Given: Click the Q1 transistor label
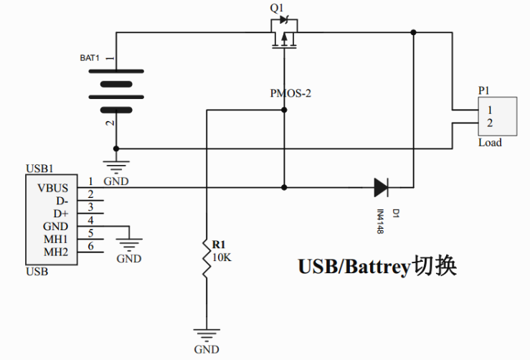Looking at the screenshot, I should pyautogui.click(x=276, y=8).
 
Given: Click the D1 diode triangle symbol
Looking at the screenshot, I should pyautogui.click(x=381, y=188).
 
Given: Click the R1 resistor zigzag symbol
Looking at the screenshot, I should pyautogui.click(x=207, y=262).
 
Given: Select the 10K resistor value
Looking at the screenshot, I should pyautogui.click(x=221, y=257).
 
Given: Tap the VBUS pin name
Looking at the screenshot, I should pyautogui.click(x=53, y=188).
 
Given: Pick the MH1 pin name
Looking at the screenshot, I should pyautogui.click(x=55, y=239).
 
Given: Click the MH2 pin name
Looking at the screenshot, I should pyautogui.click(x=55, y=252).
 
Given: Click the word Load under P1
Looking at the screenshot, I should pyautogui.click(x=490, y=143).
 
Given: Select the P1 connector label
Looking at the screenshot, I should pyautogui.click(x=483, y=90).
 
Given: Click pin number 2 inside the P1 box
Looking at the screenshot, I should pyautogui.click(x=489, y=123).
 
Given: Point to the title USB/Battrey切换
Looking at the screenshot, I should pyautogui.click(x=377, y=267).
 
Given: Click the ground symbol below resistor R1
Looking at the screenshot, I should pyautogui.click(x=207, y=334).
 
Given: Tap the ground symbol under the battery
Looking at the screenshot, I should pyautogui.click(x=114, y=166).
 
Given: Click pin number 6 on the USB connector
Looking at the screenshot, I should pyautogui.click(x=90, y=246).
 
